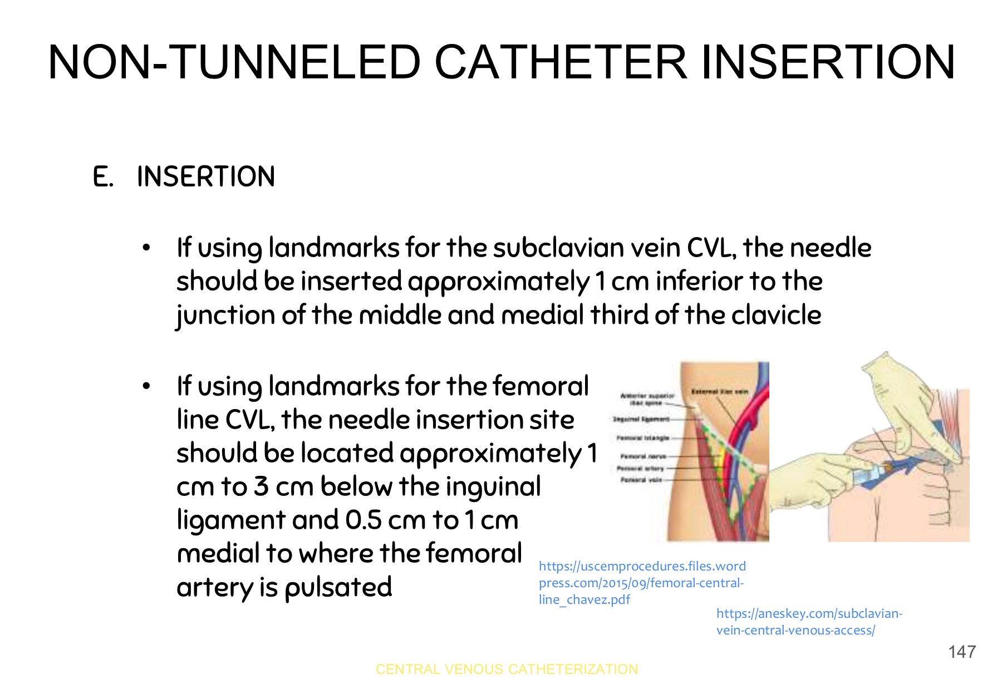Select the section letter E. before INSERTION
pyautogui.click(x=103, y=177)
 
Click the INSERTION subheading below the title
pyautogui.click(x=206, y=177)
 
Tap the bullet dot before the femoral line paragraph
pyautogui.click(x=146, y=386)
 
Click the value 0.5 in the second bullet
pyautogui.click(x=364, y=520)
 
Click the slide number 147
pyautogui.click(x=962, y=652)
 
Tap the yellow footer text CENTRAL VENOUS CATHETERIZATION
pyautogui.click(x=507, y=669)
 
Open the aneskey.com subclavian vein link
pyautogui.click(x=808, y=622)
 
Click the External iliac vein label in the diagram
pyautogui.click(x=719, y=392)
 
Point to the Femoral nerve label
pyautogui.click(x=643, y=456)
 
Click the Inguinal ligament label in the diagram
pyautogui.click(x=640, y=419)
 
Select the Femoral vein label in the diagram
pyautogui.click(x=641, y=479)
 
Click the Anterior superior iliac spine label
pyautogui.click(x=647, y=398)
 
